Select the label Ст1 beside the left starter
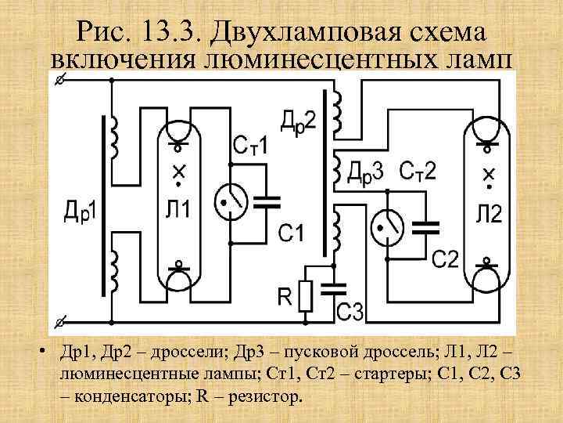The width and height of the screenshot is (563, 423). click(x=251, y=146)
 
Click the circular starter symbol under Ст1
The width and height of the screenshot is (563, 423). click(x=231, y=201)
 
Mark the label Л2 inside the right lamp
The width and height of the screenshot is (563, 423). click(x=489, y=213)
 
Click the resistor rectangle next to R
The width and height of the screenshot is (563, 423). click(x=307, y=296)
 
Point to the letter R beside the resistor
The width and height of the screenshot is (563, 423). click(x=285, y=295)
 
